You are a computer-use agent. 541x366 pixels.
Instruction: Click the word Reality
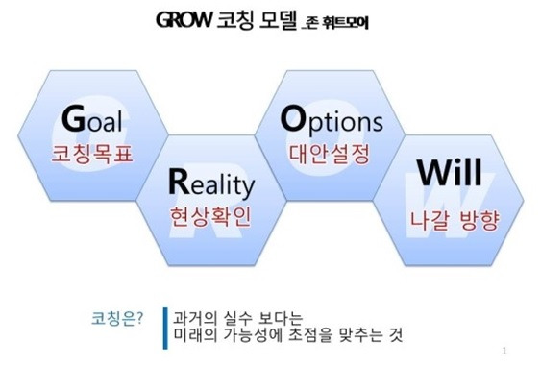(210, 182)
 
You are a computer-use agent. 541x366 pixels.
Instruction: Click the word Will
(444, 183)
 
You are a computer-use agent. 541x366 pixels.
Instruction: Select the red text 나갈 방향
(448, 214)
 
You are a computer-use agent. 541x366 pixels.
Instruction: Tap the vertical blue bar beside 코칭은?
(164, 327)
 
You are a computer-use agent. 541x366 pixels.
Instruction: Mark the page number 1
(504, 352)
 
